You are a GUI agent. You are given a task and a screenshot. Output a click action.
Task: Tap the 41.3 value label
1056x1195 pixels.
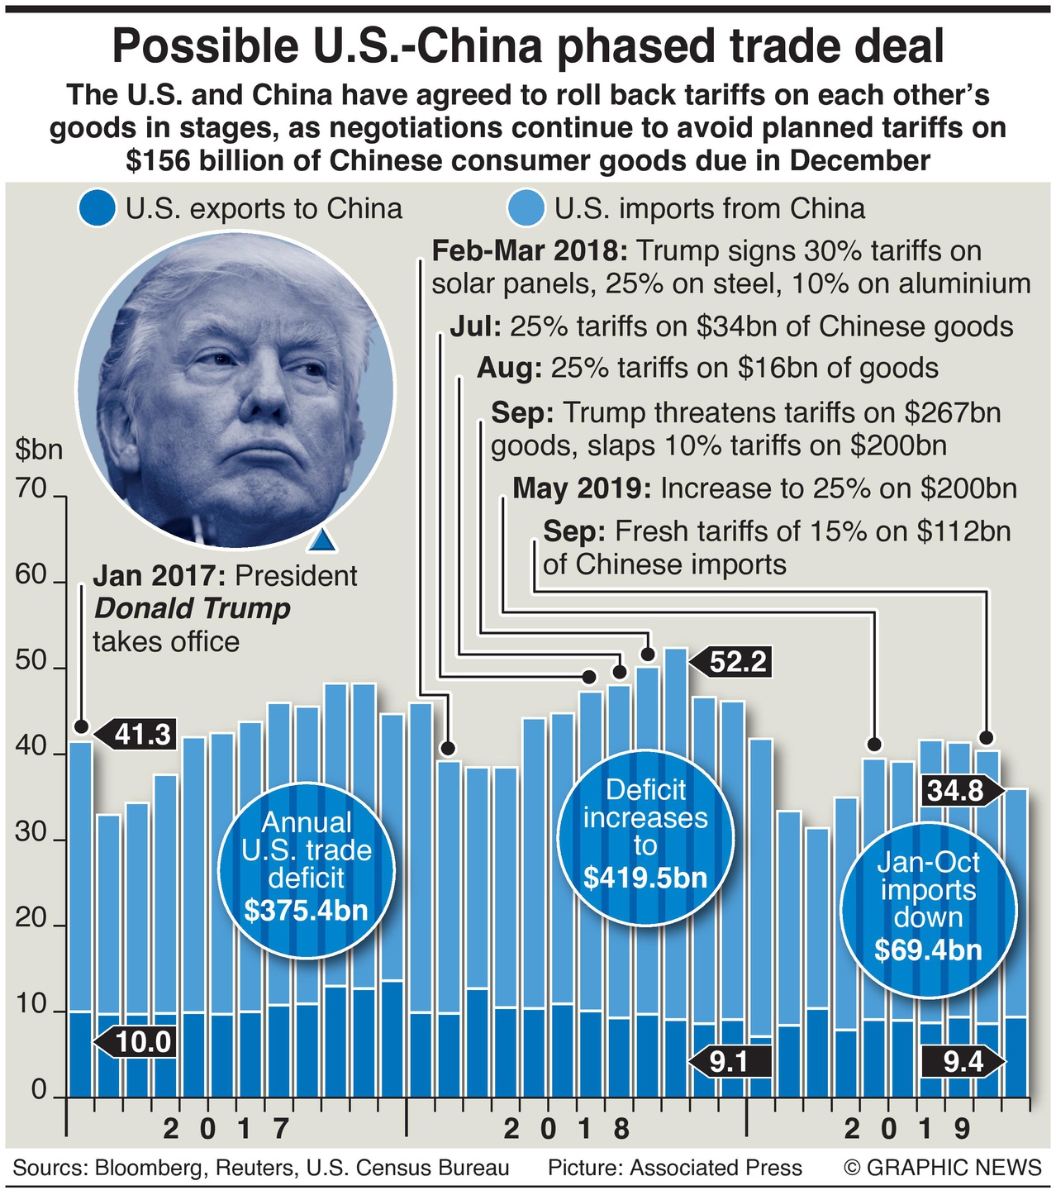click(141, 734)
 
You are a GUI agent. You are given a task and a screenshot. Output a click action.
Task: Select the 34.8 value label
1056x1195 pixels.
click(955, 791)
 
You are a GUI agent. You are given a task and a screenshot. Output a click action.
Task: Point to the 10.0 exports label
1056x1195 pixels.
click(143, 1042)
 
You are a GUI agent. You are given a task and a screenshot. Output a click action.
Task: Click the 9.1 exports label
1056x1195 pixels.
click(728, 1061)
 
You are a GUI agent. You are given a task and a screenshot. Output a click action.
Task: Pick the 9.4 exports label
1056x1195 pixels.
click(963, 1061)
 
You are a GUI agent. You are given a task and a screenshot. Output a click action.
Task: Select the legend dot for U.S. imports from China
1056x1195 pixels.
click(527, 209)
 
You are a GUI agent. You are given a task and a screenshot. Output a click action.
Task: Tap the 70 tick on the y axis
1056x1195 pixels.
click(31, 489)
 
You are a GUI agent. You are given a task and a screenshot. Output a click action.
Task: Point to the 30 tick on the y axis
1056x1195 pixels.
click(31, 833)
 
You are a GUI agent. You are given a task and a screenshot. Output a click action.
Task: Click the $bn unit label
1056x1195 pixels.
click(39, 450)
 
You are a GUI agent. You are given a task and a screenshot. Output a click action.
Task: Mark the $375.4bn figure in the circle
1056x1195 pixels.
click(306, 911)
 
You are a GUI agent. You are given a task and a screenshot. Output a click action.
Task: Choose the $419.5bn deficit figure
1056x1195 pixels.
click(645, 878)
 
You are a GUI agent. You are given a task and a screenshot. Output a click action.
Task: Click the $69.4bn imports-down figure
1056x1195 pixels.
click(928, 950)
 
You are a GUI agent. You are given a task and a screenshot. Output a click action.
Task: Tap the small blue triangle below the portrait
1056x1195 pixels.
click(321, 540)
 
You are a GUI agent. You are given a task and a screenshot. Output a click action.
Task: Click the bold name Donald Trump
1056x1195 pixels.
click(193, 609)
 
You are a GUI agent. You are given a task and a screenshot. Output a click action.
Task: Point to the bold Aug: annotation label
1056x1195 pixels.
click(509, 368)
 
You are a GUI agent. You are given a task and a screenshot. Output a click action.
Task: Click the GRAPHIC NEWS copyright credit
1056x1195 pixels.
click(943, 1168)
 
